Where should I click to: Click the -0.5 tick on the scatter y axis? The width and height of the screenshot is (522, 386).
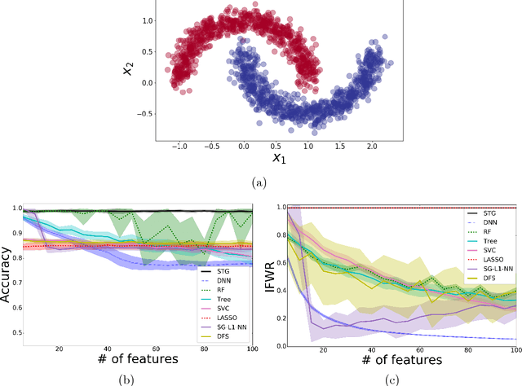145,114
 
